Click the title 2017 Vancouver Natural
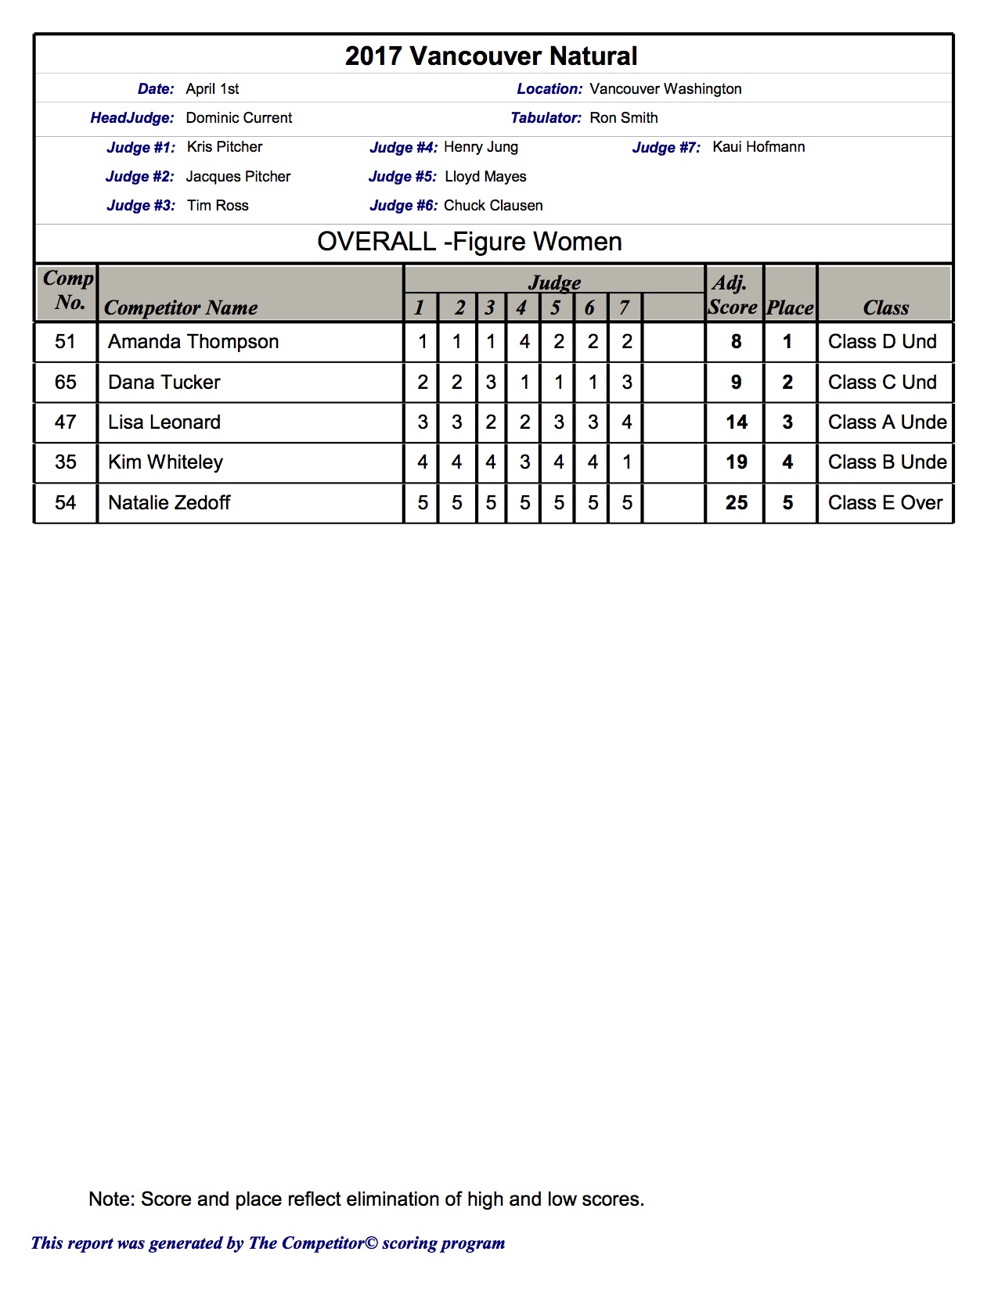point(491,56)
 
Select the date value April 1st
point(212,89)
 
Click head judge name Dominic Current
point(239,118)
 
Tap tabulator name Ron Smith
point(624,118)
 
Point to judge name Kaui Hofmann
point(758,147)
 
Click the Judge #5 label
point(402,177)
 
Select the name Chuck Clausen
point(493,206)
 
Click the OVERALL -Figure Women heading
point(470,242)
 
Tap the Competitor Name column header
point(181,308)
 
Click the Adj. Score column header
point(733,295)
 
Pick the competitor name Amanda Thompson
point(193,342)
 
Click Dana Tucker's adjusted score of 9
point(736,383)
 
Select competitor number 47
point(66,423)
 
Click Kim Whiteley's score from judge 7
point(627,462)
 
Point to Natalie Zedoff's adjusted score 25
point(736,503)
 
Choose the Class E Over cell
point(885,503)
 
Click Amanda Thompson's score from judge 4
point(524,342)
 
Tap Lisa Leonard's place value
point(787,423)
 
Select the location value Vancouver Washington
point(665,89)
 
